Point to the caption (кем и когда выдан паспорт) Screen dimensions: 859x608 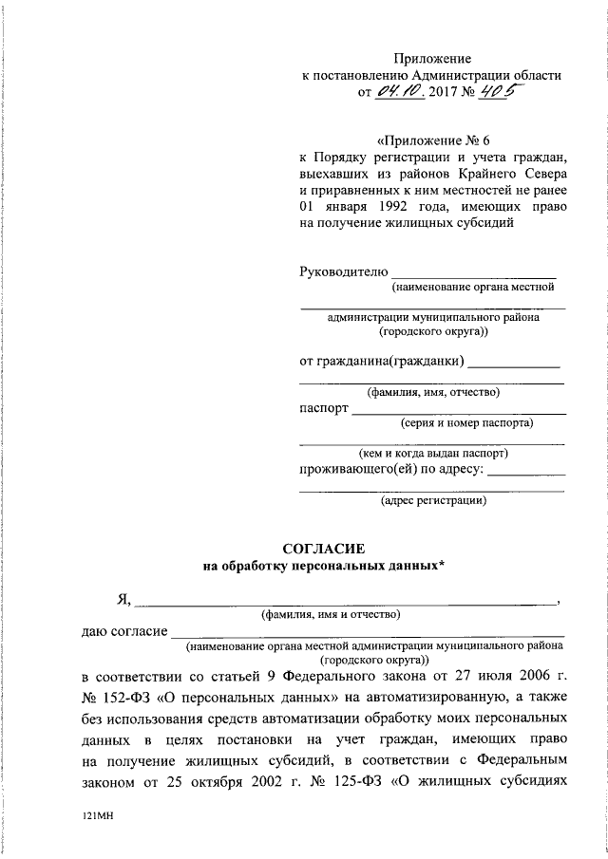(433, 453)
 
